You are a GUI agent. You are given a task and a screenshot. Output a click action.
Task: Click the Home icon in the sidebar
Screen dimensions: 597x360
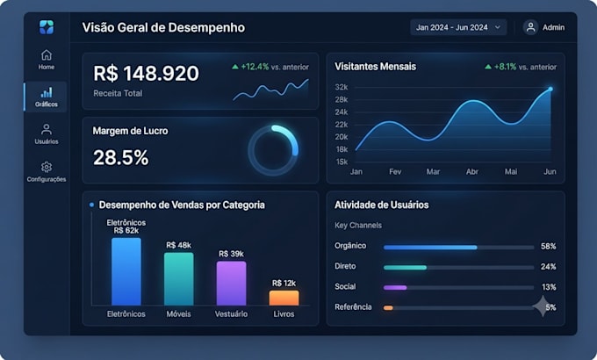pos(47,55)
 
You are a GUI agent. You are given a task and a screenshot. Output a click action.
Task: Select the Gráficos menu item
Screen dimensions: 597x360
pos(46,97)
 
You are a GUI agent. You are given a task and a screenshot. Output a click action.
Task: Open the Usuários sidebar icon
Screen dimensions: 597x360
pos(47,130)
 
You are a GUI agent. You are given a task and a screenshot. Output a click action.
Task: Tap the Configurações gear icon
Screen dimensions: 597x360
pos(47,167)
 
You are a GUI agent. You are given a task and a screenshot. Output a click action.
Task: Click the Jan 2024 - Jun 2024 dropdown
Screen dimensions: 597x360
pos(458,27)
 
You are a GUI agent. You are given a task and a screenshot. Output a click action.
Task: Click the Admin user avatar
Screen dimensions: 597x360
pos(530,27)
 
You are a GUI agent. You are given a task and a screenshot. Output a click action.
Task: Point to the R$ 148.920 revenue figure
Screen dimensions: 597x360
pos(147,73)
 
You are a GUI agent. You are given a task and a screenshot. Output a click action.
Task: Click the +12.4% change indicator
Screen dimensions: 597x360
pos(255,67)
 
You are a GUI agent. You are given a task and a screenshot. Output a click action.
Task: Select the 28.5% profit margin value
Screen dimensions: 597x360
pos(120,157)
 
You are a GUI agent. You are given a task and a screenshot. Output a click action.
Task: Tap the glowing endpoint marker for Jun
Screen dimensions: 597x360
pos(550,90)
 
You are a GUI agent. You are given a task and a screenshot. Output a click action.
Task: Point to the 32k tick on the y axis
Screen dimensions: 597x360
pos(342,87)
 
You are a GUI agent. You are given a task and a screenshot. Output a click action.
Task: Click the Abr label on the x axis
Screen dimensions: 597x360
pos(472,172)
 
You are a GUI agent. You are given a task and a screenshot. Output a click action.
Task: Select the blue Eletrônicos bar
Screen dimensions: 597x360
pos(126,271)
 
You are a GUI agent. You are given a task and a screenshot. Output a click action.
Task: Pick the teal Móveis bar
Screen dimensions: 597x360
pos(179,279)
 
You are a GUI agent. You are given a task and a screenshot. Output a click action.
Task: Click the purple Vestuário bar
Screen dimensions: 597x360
pos(232,284)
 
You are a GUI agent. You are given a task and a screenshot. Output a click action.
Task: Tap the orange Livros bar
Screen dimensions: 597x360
pos(284,298)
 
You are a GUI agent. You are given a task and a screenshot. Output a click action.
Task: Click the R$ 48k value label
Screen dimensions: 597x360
pos(178,245)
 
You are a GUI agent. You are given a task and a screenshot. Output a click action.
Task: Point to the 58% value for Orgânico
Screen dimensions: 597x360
pos(548,247)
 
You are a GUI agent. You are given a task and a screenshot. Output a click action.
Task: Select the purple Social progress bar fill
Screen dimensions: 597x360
pos(395,288)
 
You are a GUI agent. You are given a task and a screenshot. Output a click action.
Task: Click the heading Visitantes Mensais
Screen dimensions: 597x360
pos(376,67)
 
